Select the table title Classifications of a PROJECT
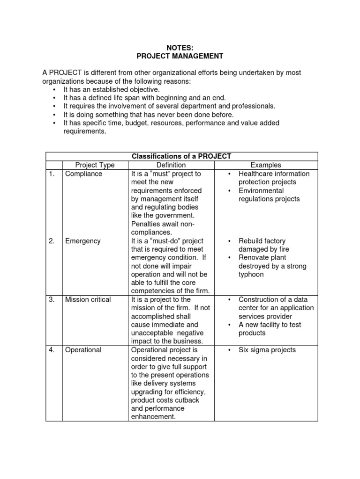181,156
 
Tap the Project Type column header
95,165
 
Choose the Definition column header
171,165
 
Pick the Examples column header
266,165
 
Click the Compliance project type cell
83,174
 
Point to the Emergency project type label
82,241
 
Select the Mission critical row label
88,299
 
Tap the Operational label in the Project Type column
83,350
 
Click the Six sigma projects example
267,350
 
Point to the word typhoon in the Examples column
251,275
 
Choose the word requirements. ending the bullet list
85,131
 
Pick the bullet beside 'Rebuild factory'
229,241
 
